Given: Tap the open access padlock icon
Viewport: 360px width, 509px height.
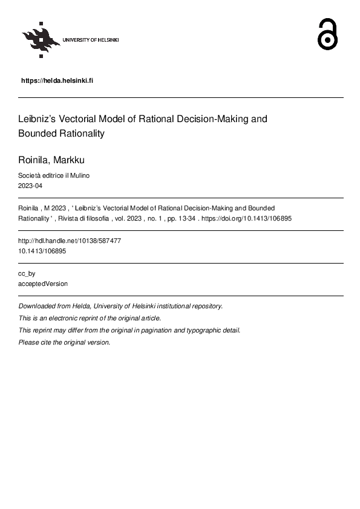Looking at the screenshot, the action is (327, 34).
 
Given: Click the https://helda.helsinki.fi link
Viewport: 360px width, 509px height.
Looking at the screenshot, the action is (57, 80).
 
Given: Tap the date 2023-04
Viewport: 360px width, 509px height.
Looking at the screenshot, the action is (30, 186).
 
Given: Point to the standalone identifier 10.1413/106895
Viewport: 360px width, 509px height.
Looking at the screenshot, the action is (42, 251).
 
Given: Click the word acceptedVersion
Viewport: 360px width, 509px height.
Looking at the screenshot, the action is (43, 284).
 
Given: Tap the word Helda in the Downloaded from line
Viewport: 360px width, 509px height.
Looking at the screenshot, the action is (80, 306).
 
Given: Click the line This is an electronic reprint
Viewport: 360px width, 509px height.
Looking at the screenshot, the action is (90, 318).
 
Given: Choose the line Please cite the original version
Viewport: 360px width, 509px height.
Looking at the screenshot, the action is (64, 342).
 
